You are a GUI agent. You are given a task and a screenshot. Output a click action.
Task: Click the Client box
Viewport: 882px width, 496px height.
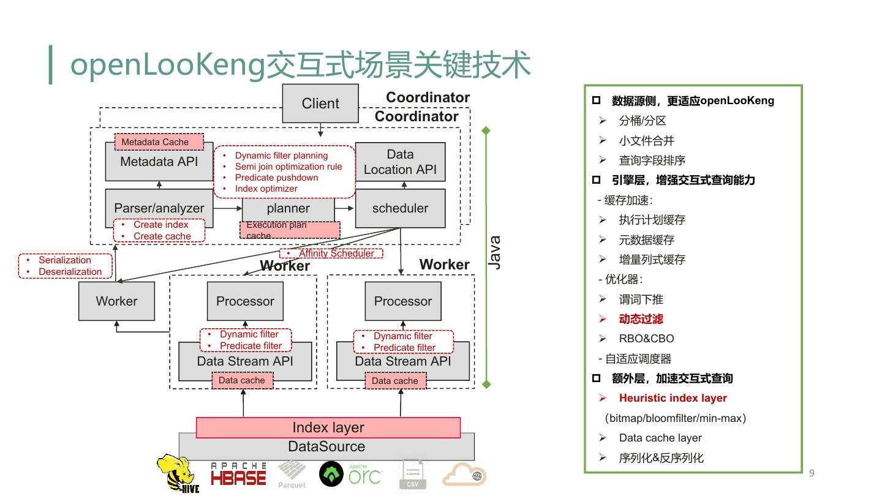tap(320, 103)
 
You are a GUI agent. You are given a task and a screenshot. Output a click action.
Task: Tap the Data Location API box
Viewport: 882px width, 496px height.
tap(401, 162)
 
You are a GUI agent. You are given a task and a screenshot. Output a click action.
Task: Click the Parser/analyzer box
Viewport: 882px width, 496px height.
tap(159, 208)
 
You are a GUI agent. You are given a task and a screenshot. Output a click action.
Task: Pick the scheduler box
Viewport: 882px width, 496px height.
tap(401, 208)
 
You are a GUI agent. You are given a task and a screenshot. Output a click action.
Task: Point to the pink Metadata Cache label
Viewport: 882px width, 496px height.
tap(159, 142)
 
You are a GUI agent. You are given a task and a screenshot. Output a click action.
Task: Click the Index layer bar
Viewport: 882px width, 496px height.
tap(328, 427)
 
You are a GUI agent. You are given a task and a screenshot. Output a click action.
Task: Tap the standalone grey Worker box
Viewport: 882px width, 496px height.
tap(116, 301)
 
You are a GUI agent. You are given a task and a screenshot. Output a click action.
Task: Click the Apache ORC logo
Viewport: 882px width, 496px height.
tap(350, 474)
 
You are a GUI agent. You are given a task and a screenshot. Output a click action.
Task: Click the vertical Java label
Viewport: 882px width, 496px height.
tap(495, 252)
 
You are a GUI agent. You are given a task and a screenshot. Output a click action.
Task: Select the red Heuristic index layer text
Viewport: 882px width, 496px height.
tap(673, 398)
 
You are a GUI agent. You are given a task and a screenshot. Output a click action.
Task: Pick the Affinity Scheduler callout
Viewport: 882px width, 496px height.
tap(332, 253)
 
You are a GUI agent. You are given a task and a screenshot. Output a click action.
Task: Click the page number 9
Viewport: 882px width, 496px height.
tap(812, 473)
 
